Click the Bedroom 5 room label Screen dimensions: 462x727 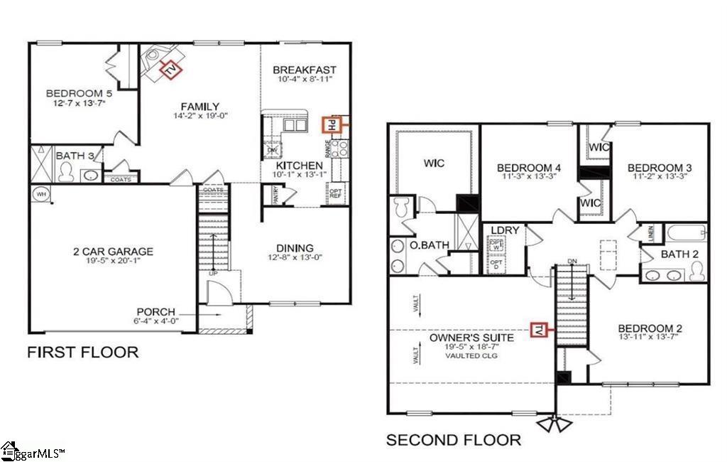tap(75, 93)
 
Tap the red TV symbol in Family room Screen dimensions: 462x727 tap(170, 69)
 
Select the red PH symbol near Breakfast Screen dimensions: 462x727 tap(331, 124)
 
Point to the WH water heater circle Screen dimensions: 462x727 tap(40, 193)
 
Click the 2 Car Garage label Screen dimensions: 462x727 tap(113, 252)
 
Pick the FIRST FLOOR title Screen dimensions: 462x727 tap(82, 352)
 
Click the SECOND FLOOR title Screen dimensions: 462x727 tap(453, 440)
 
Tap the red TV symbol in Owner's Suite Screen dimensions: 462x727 tap(540, 331)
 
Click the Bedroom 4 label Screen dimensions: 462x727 tap(530, 168)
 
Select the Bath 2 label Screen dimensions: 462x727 tap(680, 254)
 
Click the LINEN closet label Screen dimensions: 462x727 tap(651, 233)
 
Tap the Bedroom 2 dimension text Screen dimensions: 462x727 tap(650, 338)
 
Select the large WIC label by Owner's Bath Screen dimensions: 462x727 tap(434, 163)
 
